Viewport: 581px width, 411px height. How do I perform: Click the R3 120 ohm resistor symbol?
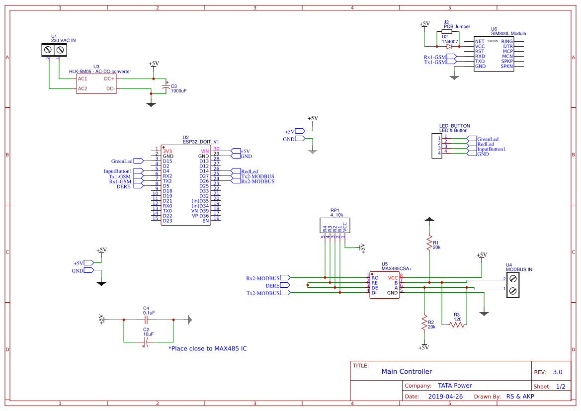click(x=457, y=325)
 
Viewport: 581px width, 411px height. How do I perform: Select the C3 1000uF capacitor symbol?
click(x=166, y=88)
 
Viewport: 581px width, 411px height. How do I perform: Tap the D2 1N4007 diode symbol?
click(x=449, y=46)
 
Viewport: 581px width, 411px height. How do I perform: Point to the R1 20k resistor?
click(x=429, y=243)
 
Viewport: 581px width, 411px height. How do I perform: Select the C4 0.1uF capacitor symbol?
click(x=148, y=320)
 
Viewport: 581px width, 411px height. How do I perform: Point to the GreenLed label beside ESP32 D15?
click(x=122, y=161)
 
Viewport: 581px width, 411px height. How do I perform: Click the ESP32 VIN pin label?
click(x=205, y=151)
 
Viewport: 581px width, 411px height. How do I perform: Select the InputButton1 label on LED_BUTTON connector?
click(x=491, y=149)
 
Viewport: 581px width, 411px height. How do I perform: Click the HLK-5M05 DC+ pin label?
click(x=109, y=79)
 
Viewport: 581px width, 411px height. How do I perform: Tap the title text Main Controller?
click(x=407, y=372)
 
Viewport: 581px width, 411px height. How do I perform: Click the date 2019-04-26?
click(x=445, y=397)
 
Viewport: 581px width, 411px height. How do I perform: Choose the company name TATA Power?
click(x=454, y=386)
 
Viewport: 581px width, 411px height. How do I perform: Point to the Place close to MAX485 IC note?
click(x=207, y=349)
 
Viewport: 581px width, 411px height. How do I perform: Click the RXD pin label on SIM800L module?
click(x=480, y=56)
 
